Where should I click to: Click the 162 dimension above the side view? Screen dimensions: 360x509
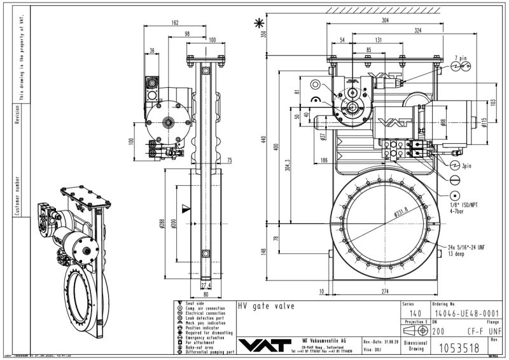click(x=175, y=22)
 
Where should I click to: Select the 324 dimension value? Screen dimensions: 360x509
click(x=417, y=31)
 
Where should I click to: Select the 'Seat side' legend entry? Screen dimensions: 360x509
click(x=195, y=303)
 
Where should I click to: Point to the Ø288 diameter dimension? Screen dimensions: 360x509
click(x=164, y=223)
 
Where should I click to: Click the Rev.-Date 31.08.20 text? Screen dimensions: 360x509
click(x=381, y=342)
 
